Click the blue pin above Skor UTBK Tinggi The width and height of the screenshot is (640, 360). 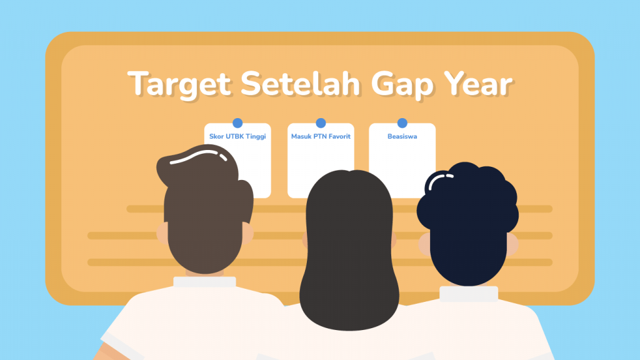[237, 123]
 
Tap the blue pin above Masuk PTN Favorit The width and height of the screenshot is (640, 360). [321, 123]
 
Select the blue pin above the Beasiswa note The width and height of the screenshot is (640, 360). [402, 123]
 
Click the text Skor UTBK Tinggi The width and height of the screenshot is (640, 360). [237, 136]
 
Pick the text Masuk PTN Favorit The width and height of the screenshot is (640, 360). [321, 136]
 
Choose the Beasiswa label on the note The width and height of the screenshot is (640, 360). [402, 136]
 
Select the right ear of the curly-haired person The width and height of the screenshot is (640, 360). [512, 244]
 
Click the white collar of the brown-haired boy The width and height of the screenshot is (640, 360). [204, 282]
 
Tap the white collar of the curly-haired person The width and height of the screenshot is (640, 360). [468, 293]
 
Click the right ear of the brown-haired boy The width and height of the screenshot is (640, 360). [247, 231]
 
